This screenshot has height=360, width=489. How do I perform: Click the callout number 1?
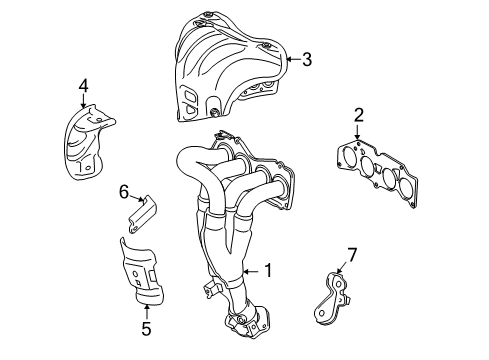click(268, 270)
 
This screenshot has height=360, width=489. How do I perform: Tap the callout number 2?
click(358, 115)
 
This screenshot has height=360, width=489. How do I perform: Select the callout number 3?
click(307, 59)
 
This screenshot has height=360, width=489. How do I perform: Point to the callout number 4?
click(83, 85)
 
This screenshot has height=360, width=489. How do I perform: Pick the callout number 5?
click(146, 329)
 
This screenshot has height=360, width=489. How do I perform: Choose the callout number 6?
click(124, 192)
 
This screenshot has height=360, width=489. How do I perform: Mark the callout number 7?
click(352, 255)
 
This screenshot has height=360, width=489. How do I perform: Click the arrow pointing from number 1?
click(251, 272)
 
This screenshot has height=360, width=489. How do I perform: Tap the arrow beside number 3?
click(293, 59)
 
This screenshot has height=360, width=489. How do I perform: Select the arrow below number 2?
click(357, 132)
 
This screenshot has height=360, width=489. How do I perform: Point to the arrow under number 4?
click(83, 101)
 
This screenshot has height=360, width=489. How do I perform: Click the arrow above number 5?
click(146, 312)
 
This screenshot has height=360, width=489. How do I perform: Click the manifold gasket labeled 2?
click(377, 173)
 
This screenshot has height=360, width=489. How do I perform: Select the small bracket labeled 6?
click(143, 215)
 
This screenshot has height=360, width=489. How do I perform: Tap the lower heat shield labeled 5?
click(142, 272)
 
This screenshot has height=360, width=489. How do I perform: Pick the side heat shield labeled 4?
click(87, 143)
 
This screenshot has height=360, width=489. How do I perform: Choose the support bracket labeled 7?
click(332, 299)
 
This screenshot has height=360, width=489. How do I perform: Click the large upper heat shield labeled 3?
click(230, 67)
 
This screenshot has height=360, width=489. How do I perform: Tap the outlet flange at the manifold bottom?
click(247, 321)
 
